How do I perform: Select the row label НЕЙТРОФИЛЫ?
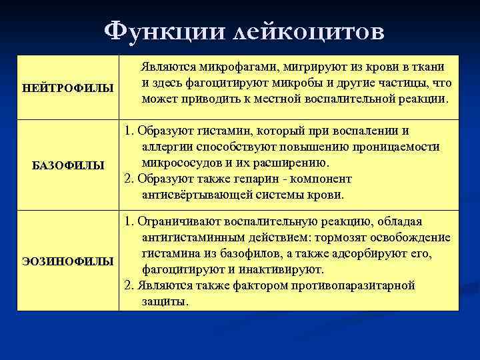click(67, 88)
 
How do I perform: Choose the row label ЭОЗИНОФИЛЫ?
click(67, 261)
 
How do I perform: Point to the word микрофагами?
click(237, 67)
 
